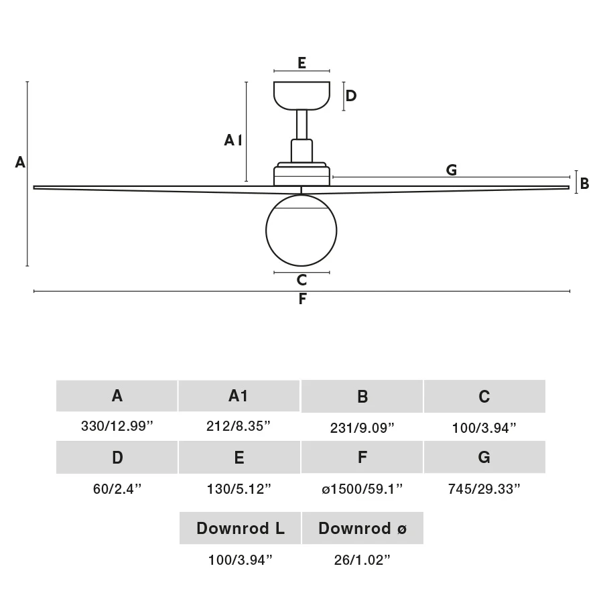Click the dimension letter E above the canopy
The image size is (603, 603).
301,63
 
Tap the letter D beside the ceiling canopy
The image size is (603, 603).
350,95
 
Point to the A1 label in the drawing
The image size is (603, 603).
232,140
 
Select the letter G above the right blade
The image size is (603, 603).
452,170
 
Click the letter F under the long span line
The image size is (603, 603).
302,299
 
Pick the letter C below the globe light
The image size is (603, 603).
301,280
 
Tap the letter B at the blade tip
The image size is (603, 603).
584,183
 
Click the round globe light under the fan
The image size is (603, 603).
301,229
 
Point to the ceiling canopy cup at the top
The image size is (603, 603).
302,94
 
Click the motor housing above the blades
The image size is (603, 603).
301,174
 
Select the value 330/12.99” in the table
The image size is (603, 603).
117,427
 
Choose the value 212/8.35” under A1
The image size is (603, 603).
239,427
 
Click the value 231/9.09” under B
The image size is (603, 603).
362,427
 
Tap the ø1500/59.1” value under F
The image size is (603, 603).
362,488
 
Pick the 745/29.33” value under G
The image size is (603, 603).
484,488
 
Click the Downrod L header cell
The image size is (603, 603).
240,529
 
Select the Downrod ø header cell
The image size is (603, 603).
362,529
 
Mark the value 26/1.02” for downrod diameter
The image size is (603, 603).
362,559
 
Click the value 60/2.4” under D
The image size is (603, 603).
117,488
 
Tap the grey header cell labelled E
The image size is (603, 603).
239,458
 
